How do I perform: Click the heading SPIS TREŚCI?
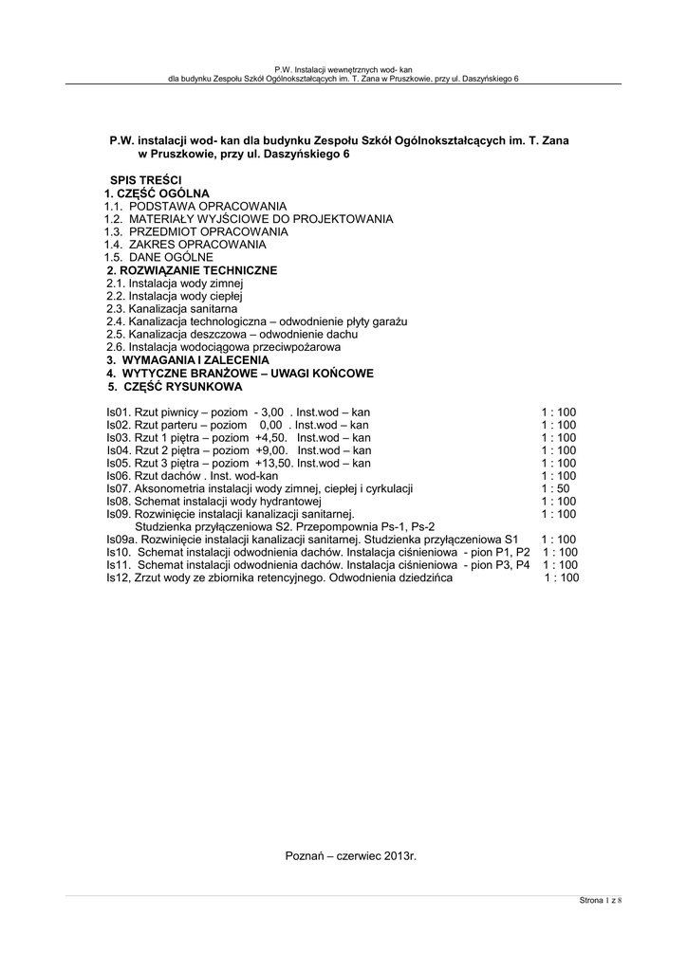(146, 180)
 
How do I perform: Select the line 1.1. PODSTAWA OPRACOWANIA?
(195, 206)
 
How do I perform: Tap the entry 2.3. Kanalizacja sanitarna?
(172, 309)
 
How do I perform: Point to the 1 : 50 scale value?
(556, 488)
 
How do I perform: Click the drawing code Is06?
(117, 476)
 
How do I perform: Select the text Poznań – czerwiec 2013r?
(351, 856)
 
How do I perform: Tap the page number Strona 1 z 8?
(600, 900)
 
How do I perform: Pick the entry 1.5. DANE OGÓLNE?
(158, 257)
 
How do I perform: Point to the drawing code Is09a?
(121, 540)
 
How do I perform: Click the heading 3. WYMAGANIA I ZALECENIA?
(188, 361)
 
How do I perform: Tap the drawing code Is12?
(117, 577)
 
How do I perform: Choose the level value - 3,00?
(269, 412)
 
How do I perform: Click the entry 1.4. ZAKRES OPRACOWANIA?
(172, 245)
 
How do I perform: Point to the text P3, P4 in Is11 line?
(510, 565)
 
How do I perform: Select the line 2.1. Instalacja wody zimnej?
(176, 284)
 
